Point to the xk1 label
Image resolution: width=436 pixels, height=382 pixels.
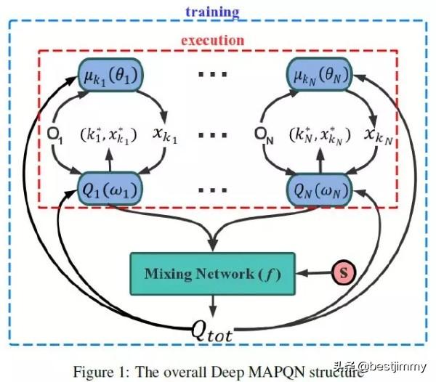pos(164,135)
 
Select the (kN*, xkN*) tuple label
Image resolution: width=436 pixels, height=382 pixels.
pos(320,135)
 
